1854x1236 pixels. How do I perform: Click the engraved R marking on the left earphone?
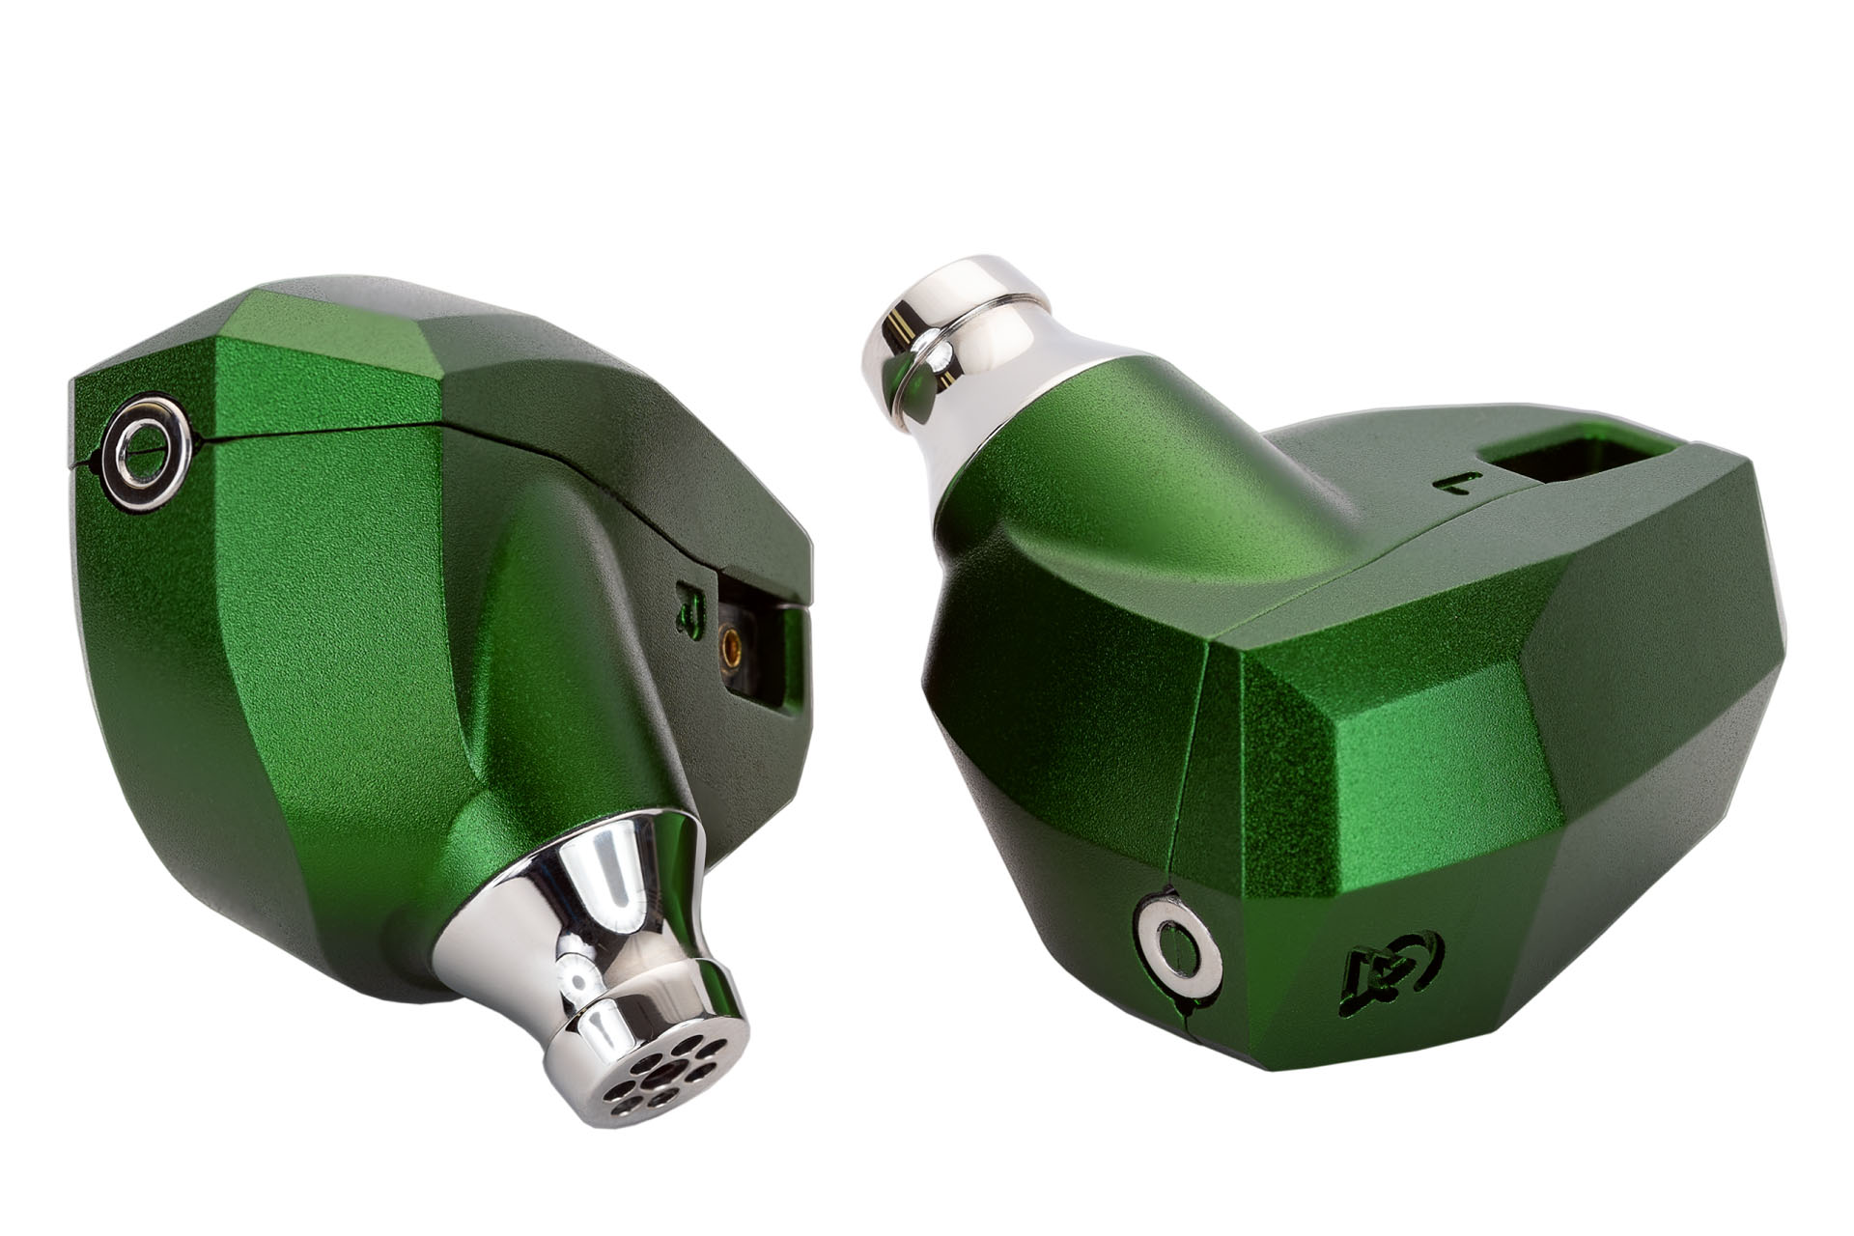click(688, 608)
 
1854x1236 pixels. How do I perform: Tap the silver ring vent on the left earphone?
click(148, 450)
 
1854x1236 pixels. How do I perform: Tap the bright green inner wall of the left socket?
click(794, 657)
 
